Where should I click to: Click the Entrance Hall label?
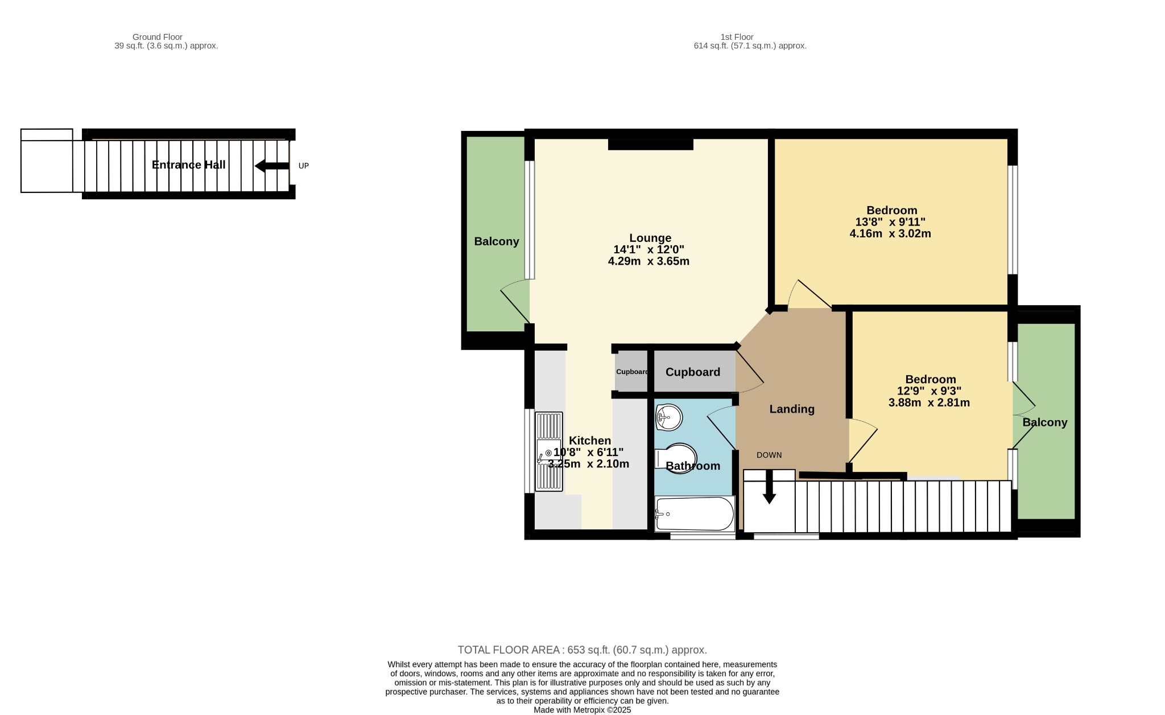point(188,165)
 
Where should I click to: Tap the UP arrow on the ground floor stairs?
point(272,166)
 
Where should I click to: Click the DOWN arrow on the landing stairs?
point(769,487)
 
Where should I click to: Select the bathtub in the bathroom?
point(695,514)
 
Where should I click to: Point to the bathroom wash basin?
point(668,417)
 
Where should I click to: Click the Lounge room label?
point(650,238)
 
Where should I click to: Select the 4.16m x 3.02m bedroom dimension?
point(890,233)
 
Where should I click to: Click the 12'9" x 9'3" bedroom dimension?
point(929,391)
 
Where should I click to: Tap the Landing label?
point(792,409)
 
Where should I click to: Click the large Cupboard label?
point(693,372)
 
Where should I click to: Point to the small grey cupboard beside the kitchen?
point(631,372)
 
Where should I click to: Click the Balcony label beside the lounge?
point(497,241)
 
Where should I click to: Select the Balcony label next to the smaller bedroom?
point(1045,422)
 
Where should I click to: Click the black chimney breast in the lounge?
point(650,145)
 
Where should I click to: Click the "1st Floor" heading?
point(737,37)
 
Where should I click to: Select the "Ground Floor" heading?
point(158,37)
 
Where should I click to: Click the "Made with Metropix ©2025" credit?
point(582,710)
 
